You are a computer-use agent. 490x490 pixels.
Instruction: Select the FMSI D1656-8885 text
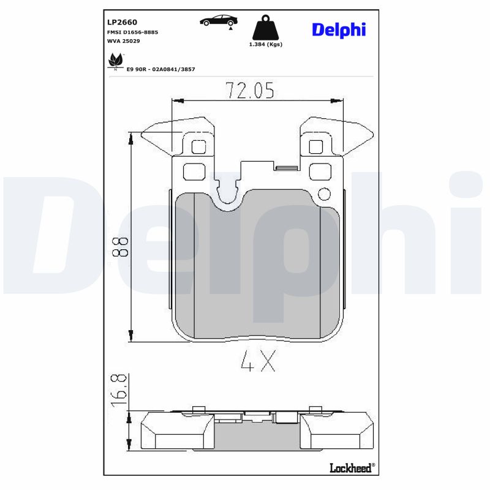[132, 32]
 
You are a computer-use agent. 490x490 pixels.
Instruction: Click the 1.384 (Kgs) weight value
[265, 45]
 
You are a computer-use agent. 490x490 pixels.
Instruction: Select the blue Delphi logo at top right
[338, 29]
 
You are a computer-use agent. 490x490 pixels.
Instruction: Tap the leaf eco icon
[115, 61]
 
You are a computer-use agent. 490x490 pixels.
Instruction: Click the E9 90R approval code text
[160, 69]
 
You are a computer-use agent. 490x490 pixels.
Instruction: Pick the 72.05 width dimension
[249, 91]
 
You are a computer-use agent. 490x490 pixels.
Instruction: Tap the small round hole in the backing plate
[324, 195]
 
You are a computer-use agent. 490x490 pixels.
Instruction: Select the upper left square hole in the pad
[198, 147]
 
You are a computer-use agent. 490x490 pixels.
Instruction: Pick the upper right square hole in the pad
[315, 147]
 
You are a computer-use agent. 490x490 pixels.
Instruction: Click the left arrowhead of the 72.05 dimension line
[176, 100]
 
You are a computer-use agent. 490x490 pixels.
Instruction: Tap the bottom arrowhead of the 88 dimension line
[130, 336]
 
